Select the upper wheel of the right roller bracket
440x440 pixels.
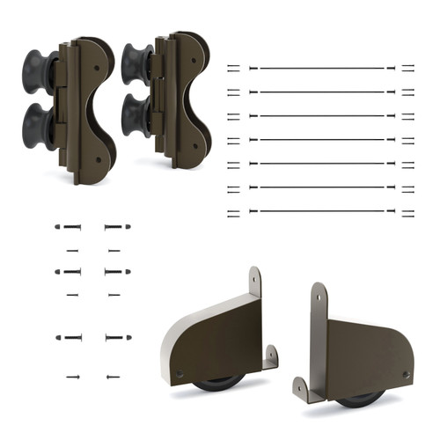point(137,62)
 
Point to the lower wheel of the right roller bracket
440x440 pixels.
point(137,114)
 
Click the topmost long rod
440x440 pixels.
point(321,68)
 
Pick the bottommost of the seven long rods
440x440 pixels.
point(321,211)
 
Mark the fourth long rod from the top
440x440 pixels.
point(321,139)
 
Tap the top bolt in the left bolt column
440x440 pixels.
point(68,227)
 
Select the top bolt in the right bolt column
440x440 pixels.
point(117,227)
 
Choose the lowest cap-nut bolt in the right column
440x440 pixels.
point(117,337)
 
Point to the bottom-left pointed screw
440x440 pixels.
point(72,377)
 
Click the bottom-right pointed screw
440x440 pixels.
point(113,377)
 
